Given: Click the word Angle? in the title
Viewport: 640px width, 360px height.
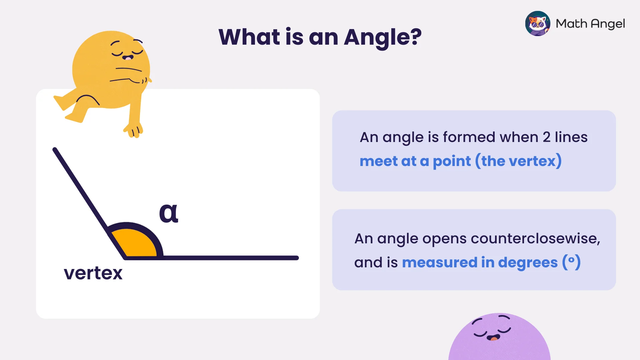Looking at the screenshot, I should tap(383, 37).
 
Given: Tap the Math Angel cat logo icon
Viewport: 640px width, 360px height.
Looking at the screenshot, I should tap(538, 24).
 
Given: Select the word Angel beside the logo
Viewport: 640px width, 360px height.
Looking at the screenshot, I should tap(608, 24).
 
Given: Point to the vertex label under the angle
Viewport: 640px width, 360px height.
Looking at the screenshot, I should tap(93, 273).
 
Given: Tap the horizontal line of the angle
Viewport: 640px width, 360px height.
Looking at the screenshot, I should tap(230, 258).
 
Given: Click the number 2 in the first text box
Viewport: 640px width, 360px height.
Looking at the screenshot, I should tap(546, 137).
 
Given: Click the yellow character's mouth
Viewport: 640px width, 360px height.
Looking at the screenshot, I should tap(128, 58).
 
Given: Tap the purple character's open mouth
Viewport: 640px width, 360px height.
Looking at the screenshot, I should tap(493, 338).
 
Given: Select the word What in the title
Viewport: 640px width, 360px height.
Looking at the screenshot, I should tap(249, 37).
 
